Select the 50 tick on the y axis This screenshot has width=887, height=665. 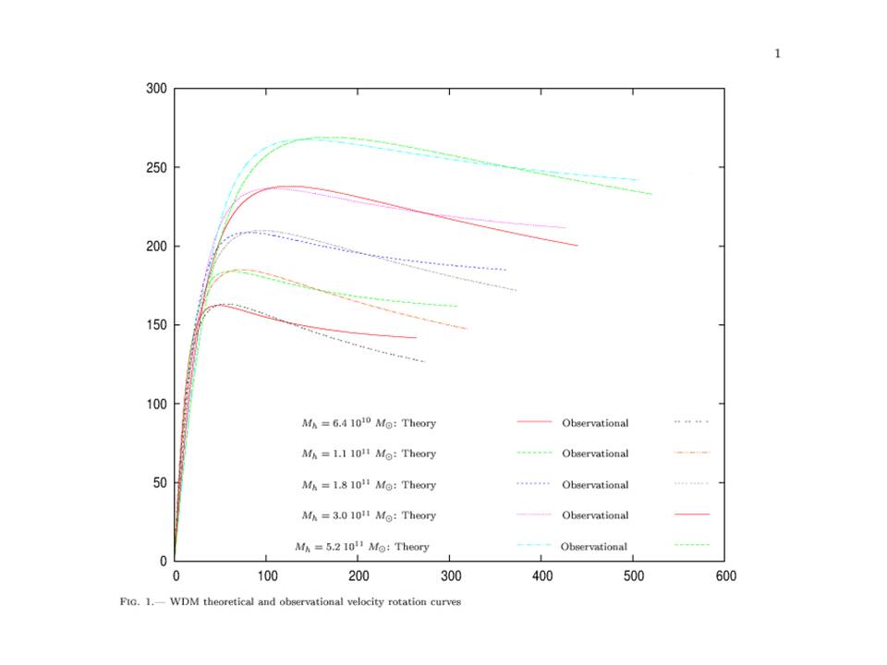click(158, 482)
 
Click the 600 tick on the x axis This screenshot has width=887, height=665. click(725, 575)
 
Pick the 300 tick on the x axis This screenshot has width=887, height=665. click(450, 575)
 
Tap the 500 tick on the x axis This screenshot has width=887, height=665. click(634, 575)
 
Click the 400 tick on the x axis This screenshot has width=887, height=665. click(541, 575)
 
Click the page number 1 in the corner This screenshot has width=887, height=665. click(778, 54)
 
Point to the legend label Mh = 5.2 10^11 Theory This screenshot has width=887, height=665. click(362, 547)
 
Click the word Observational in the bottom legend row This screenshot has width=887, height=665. click(593, 547)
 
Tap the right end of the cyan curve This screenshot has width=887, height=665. click(638, 179)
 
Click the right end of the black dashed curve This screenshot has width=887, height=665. click(425, 362)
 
